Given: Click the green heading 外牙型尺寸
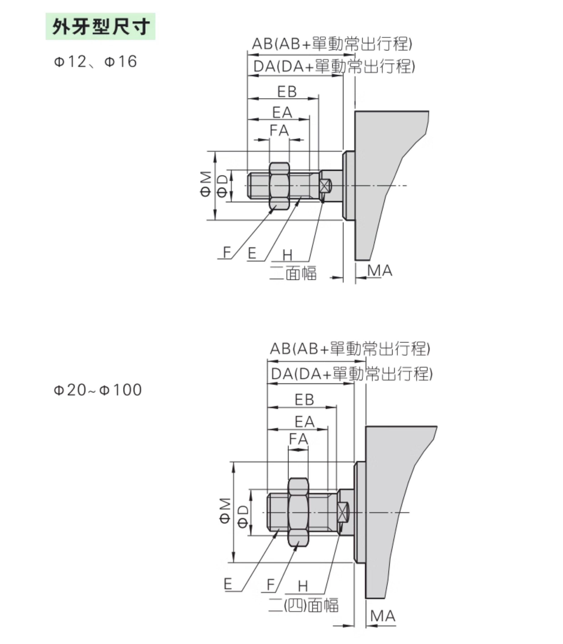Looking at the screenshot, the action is pyautogui.click(x=101, y=26).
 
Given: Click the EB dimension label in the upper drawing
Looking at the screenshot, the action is pyautogui.click(x=287, y=92).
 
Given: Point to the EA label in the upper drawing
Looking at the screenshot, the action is pyautogui.click(x=282, y=112).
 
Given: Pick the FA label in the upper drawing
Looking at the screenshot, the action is pyautogui.click(x=279, y=130).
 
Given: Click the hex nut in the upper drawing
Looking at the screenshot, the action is pyautogui.click(x=279, y=186).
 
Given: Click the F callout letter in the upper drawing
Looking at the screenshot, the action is pyautogui.click(x=227, y=252).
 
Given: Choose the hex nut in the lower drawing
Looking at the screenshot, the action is pyautogui.click(x=298, y=512).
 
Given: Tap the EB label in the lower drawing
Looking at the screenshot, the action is pyautogui.click(x=304, y=400).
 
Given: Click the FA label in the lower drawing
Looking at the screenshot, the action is pyautogui.click(x=299, y=439).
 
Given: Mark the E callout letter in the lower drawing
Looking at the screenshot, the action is pyautogui.click(x=228, y=584).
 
